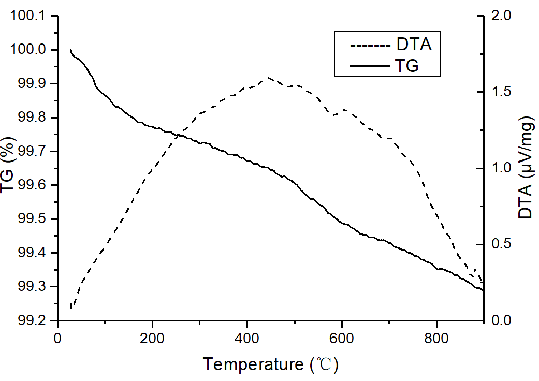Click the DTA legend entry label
point(414,45)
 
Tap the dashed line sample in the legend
point(370,46)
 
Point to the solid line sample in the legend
point(370,66)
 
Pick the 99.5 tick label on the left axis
point(33,219)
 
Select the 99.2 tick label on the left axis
point(33,321)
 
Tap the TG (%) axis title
point(10,168)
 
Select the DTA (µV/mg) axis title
point(526,168)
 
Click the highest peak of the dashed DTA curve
point(268,78)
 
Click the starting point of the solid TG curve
point(70,50)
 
